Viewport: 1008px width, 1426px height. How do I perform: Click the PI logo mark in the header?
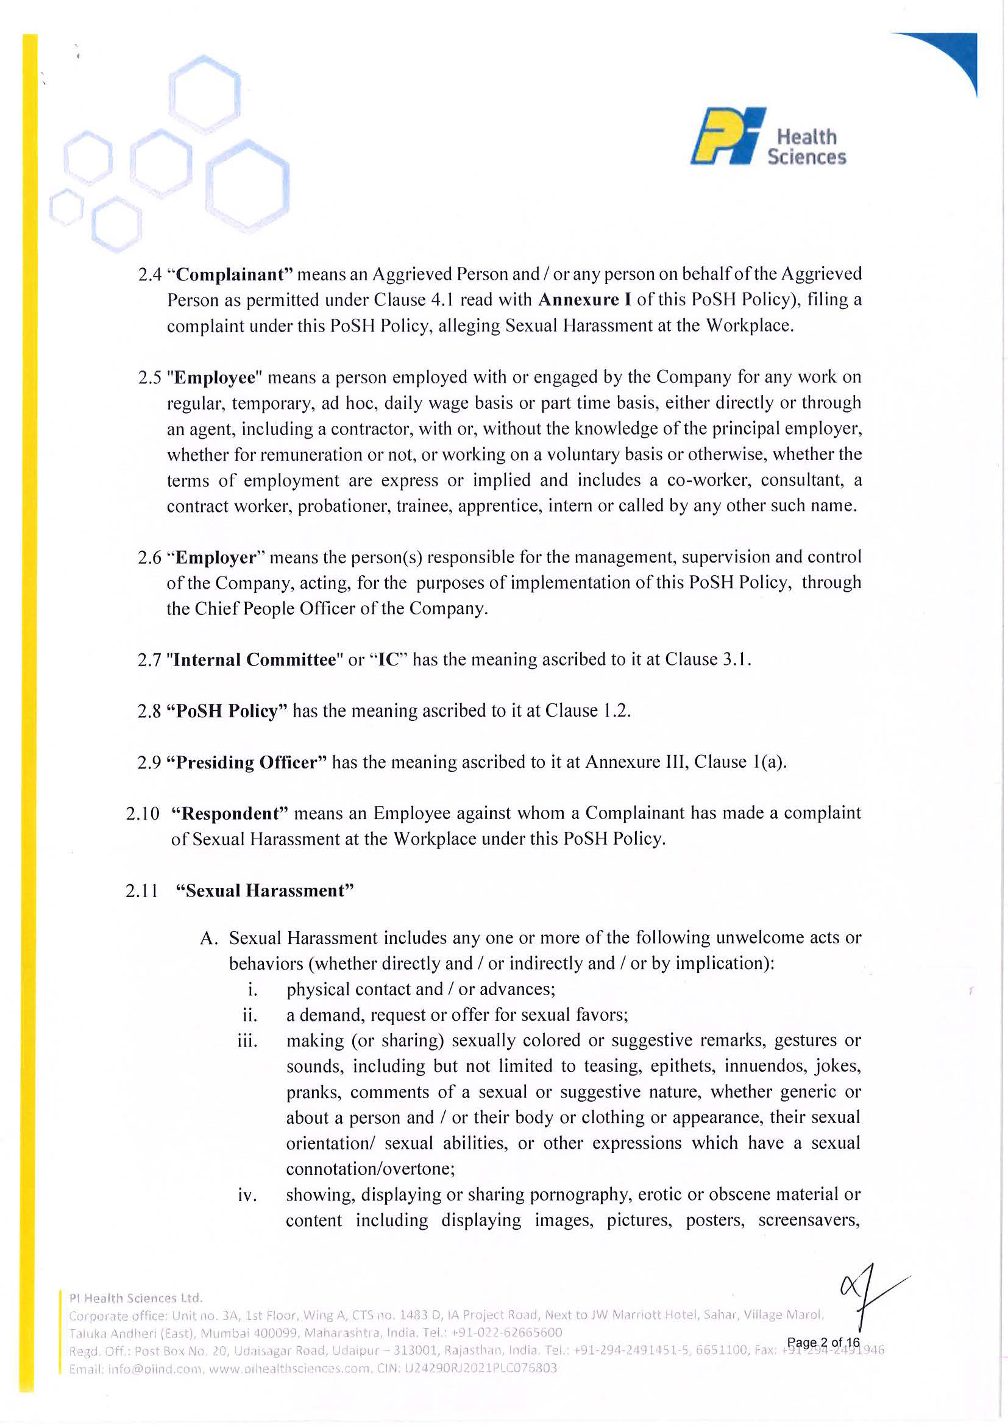727,136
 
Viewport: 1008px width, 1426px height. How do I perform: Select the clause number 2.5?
150,378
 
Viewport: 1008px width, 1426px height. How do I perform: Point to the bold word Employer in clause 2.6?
216,558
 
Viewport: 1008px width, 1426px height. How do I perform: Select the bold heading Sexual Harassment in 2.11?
264,891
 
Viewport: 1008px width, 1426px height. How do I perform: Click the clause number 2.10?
142,814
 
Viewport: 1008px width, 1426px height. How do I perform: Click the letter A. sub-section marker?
208,938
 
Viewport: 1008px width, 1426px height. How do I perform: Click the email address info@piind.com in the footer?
134,1369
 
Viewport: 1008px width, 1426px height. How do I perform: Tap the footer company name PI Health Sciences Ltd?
135,1299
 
